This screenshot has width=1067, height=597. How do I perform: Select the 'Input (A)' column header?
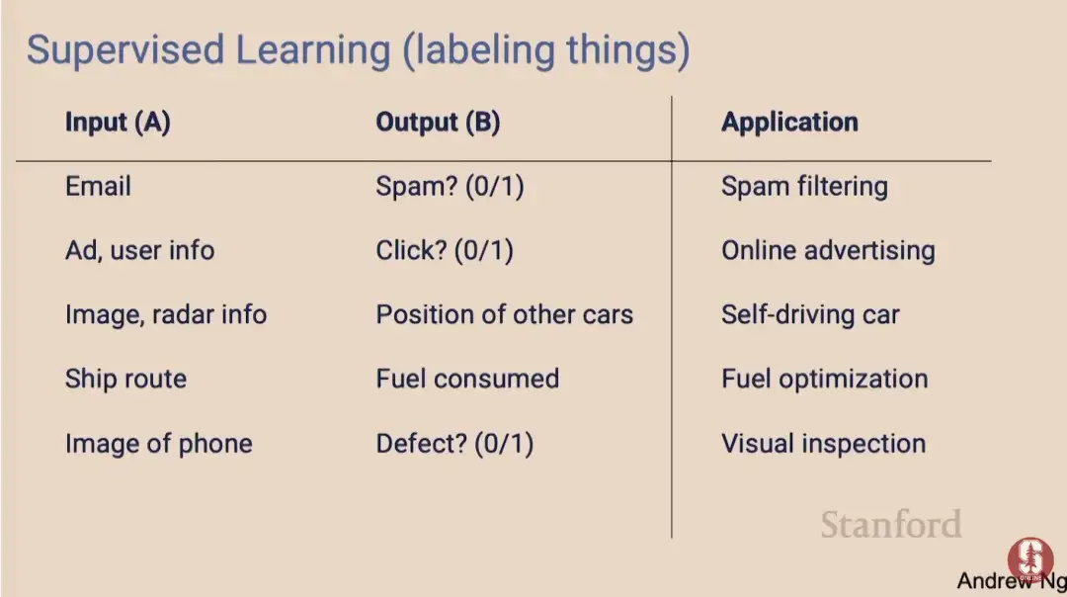[118, 123]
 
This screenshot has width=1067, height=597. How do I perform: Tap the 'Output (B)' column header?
[439, 123]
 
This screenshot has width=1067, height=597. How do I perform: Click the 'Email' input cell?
[98, 187]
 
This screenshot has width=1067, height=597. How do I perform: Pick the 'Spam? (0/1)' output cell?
[450, 187]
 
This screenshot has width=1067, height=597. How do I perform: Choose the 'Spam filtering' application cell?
[804, 187]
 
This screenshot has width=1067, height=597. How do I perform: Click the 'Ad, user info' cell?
[140, 250]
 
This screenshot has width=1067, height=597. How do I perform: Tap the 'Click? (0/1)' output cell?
[445, 250]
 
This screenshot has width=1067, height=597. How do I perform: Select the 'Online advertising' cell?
[828, 251]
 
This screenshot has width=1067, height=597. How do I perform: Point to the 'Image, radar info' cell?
[166, 315]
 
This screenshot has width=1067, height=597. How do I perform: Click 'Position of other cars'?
[504, 314]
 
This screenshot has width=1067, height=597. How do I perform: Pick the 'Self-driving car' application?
[810, 315]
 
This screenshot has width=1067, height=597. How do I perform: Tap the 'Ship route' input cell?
[125, 380]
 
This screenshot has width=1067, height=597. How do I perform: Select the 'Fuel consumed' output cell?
[467, 379]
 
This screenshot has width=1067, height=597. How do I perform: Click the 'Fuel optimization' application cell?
[825, 380]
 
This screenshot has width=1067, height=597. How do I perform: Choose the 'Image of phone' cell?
[159, 444]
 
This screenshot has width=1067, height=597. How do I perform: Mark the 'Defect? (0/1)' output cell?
[454, 444]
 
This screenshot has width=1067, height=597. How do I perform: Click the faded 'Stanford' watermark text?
[891, 525]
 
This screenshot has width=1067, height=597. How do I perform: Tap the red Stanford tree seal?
[1030, 559]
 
